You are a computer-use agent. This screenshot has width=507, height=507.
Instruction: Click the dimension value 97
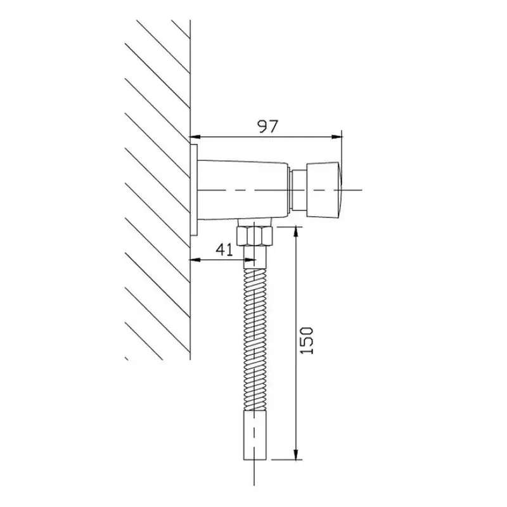(x=267, y=126)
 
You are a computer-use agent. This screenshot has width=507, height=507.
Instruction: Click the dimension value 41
(x=224, y=250)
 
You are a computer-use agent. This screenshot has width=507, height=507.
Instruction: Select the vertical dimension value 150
(x=307, y=341)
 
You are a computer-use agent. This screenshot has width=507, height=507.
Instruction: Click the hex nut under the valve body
(x=255, y=236)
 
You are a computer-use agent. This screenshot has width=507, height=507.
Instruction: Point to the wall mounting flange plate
(x=194, y=189)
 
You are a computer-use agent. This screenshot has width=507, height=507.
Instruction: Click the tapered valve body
(x=243, y=190)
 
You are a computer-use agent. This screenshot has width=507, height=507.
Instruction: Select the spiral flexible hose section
(x=255, y=340)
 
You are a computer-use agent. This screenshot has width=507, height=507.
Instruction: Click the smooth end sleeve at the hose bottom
(x=255, y=435)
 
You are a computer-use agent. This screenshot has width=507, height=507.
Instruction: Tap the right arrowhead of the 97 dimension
(x=337, y=137)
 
